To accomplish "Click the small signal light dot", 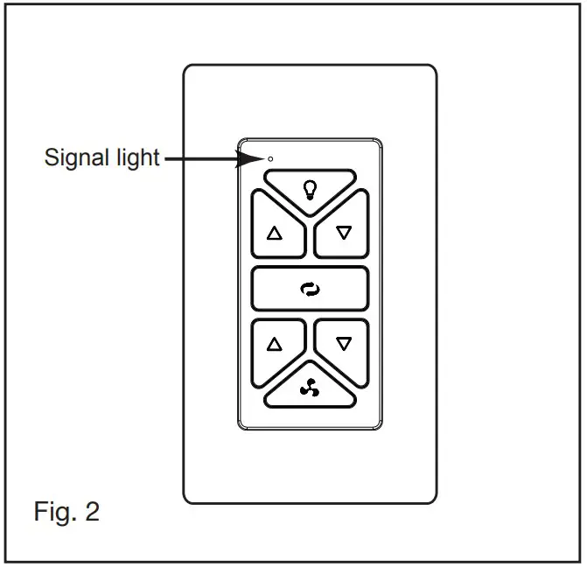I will [269, 158].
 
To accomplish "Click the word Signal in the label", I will [76, 158].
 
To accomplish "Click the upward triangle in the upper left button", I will [276, 234].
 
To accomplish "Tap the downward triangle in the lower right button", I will [344, 344].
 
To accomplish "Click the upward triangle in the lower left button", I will [276, 344].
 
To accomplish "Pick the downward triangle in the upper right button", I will [344, 233].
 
